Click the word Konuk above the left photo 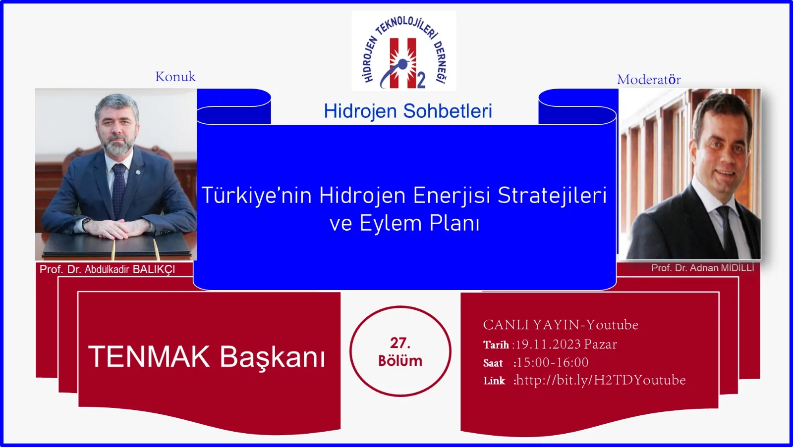coord(175,76)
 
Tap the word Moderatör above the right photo coord(649,79)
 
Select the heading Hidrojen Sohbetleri coord(408,111)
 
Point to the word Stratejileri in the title coord(552,196)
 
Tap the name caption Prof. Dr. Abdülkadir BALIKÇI coord(107,269)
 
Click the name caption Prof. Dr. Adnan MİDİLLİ coord(702,268)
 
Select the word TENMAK coord(149,357)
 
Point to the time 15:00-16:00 coord(552,362)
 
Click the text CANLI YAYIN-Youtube coord(561,325)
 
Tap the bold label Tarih coord(496,345)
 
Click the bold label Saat coord(493,363)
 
